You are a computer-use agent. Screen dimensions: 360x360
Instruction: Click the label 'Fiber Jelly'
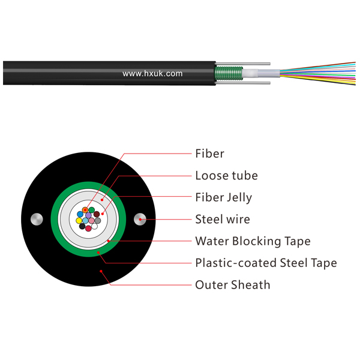223,197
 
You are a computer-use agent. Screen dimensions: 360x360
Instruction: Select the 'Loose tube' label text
226,176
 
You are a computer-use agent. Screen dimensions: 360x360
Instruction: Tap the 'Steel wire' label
223,219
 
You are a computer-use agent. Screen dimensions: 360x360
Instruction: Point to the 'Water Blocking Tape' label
253,241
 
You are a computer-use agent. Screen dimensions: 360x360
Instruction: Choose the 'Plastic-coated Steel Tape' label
266,263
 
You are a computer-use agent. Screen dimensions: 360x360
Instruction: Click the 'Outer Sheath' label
233,285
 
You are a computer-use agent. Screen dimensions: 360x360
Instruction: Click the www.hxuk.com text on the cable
152,73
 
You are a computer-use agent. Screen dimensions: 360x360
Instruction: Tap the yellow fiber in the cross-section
79,221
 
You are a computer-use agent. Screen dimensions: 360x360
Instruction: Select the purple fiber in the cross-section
88,215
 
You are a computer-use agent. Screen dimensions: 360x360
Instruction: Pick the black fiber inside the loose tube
82,226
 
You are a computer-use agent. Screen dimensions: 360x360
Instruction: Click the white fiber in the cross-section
95,227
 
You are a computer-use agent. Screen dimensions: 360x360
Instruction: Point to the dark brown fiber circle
97,214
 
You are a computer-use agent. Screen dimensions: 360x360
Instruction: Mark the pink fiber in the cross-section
91,221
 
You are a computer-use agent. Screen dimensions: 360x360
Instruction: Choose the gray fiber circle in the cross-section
98,221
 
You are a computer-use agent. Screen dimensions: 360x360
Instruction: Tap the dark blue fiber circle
80,214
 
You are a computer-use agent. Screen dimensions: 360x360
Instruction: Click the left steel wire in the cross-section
37,219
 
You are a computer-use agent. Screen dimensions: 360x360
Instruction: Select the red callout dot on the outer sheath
101,271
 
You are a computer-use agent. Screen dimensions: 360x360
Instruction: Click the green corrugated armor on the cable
229,73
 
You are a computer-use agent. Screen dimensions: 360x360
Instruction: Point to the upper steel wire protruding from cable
243,64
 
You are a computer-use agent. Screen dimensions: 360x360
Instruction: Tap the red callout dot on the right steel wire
140,220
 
